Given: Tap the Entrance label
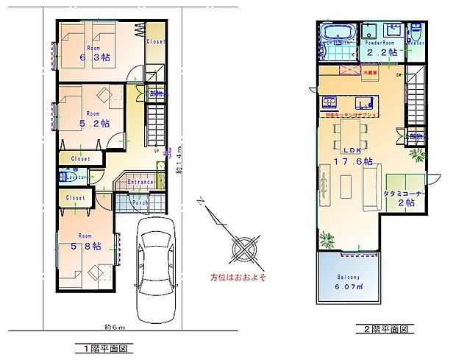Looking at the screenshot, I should tap(140, 182).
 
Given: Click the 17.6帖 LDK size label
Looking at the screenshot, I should tap(348, 160).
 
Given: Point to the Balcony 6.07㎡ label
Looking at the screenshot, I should tap(348, 281).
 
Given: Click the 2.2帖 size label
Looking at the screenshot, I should tap(382, 52).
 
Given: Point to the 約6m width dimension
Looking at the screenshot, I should tap(115, 327).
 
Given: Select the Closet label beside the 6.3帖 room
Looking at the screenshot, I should tap(155, 42).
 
